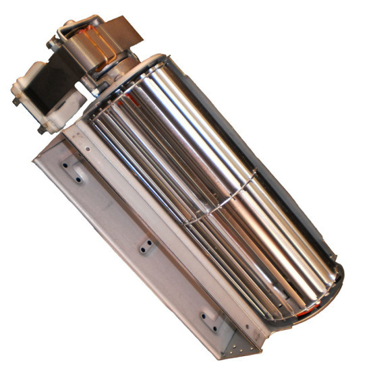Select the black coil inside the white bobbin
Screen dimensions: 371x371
click(x=51, y=81)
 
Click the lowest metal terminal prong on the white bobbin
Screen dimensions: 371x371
click(x=42, y=128)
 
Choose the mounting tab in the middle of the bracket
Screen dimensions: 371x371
click(x=146, y=246)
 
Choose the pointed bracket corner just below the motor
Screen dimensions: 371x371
click(x=34, y=159)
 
